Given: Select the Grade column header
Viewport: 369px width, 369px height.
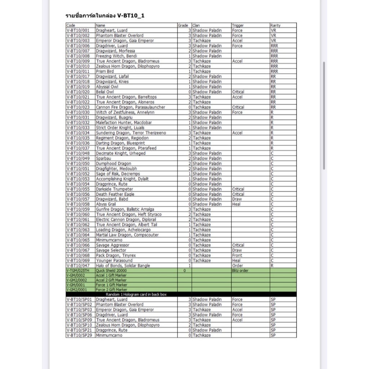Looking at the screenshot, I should point(183,26).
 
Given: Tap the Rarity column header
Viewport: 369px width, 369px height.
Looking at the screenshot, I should point(275,26).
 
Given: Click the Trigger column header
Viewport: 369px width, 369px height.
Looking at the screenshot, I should point(238,26).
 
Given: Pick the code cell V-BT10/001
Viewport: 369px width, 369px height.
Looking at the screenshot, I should point(78,31).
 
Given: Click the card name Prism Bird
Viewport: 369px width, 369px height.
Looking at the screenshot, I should point(105,71).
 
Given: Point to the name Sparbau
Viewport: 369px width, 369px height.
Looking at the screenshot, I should point(103,159).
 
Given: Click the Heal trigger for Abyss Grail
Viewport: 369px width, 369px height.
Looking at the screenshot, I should point(237,204).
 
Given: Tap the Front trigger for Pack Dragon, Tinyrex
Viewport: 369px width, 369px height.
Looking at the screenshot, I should point(237,255).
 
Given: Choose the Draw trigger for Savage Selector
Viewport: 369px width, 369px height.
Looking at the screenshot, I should point(237,250).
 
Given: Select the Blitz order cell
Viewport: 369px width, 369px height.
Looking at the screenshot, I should point(240,271).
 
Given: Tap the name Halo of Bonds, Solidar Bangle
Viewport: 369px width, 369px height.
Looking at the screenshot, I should point(123,266).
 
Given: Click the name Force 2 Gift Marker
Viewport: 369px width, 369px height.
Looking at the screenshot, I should point(111,290).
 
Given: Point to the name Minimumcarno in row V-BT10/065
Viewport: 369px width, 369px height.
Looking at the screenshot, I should point(109,240).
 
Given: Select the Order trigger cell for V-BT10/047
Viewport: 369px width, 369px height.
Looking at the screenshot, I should point(237,266).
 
